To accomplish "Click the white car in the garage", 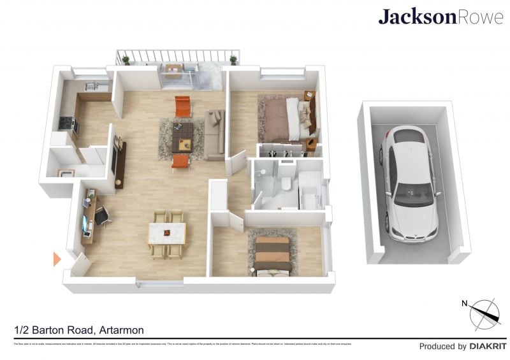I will (411, 185).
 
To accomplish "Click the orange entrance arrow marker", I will (57, 259).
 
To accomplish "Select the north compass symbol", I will (484, 313).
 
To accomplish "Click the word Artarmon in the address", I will (120, 330).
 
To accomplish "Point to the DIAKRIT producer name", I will (487, 347).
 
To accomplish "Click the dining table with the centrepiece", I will (167, 233).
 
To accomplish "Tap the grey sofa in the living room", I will (215, 134).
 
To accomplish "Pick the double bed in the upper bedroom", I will (284, 117).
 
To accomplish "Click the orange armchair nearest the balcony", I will (183, 105).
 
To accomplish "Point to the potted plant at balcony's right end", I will (233, 60).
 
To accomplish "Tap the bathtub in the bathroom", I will (312, 191).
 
